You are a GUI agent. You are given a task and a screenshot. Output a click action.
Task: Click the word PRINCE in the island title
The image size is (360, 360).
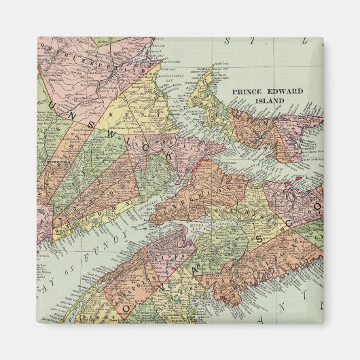[249, 90]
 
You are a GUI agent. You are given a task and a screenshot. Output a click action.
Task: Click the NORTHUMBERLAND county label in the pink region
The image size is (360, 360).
[88, 60]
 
